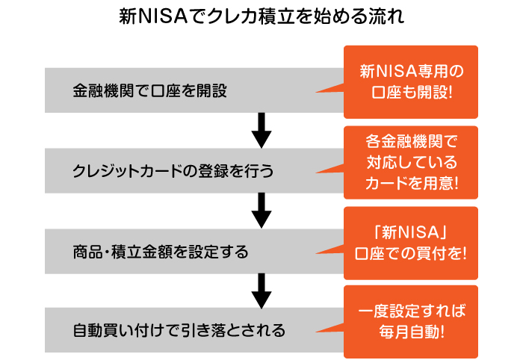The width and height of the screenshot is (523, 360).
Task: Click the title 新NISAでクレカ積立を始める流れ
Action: (261, 16)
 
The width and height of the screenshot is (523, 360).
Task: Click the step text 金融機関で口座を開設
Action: (149, 90)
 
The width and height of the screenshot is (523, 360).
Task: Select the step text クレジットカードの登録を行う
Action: (173, 171)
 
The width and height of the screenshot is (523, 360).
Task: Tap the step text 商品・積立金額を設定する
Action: (161, 252)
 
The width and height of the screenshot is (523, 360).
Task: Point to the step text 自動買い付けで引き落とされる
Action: (179, 330)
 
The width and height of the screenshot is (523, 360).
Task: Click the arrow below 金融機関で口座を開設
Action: (261, 131)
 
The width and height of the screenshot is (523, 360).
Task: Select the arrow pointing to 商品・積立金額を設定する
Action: (261, 211)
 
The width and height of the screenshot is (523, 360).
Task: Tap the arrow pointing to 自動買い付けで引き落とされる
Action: (261, 291)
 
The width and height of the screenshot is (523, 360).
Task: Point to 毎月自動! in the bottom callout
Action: (412, 332)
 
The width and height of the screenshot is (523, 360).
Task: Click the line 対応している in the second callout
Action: (412, 162)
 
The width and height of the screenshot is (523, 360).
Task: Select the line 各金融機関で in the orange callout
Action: (412, 141)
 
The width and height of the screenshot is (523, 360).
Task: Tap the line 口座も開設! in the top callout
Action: (412, 92)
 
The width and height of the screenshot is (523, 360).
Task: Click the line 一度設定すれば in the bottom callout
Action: (412, 311)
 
